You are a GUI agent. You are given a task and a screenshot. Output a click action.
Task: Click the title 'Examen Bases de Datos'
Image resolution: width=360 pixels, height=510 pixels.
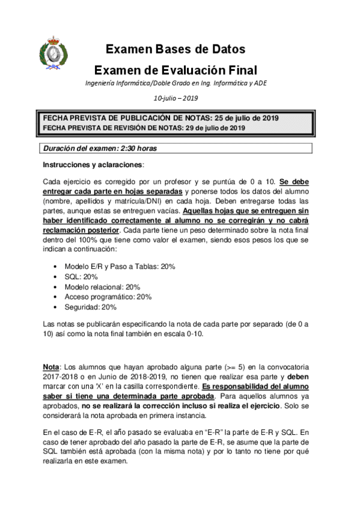click(x=175, y=49)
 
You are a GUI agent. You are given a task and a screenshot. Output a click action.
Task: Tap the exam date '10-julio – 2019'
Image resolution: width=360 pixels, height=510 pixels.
click(x=175, y=98)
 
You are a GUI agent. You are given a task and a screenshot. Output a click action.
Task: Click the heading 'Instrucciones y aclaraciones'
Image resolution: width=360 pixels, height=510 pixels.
click(x=93, y=164)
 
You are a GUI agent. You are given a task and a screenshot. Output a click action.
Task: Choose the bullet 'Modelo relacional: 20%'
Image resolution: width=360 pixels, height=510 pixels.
click(x=102, y=286)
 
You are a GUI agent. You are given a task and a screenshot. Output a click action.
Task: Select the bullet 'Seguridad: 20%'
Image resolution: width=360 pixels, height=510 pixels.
click(x=90, y=307)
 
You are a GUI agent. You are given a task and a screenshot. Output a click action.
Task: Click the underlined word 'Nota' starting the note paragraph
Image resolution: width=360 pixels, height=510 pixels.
click(x=51, y=367)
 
